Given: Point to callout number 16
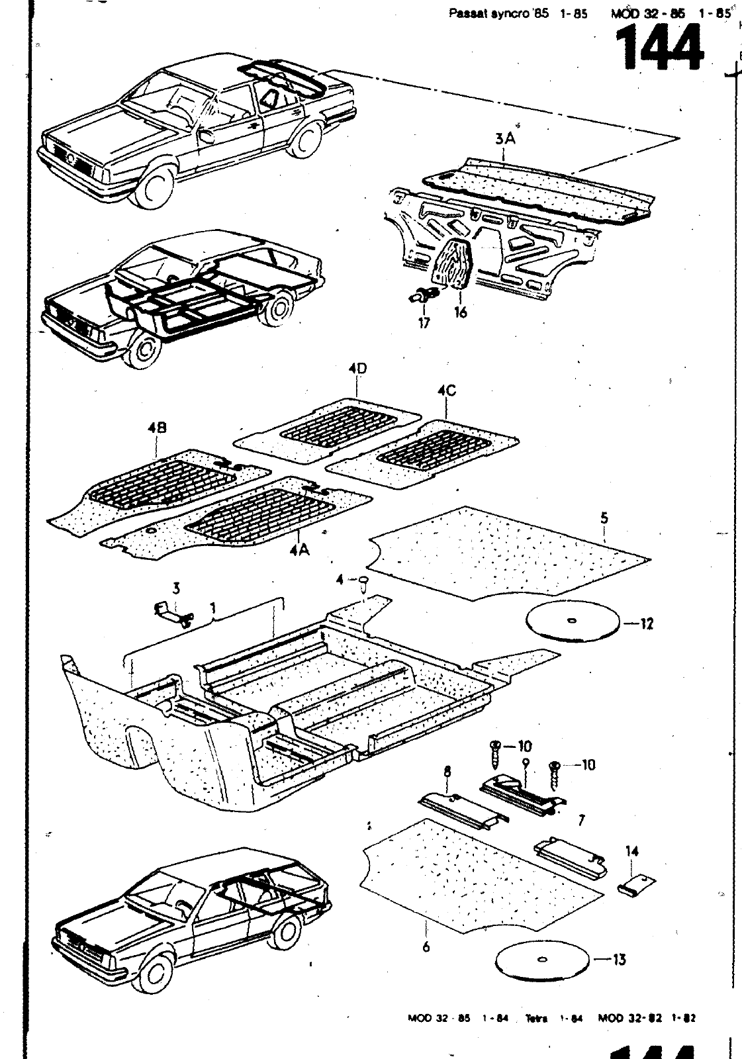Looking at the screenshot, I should pyautogui.click(x=460, y=312).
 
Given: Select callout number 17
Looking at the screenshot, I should pyautogui.click(x=424, y=322).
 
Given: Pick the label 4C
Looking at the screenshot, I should pyautogui.click(x=447, y=391).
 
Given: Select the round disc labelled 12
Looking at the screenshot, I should pyautogui.click(x=573, y=620).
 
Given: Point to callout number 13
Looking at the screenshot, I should pyautogui.click(x=620, y=959).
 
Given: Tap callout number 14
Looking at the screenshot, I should pyautogui.click(x=632, y=851).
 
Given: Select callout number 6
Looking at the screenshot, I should pyautogui.click(x=426, y=946).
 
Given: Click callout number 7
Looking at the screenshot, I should pyautogui.click(x=581, y=821).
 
